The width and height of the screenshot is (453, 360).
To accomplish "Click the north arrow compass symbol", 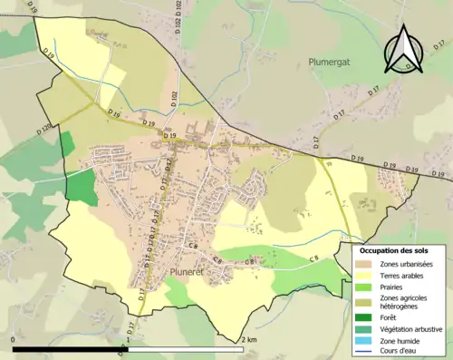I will point(404,49).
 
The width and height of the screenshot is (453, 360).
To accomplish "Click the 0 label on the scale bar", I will point(14,340).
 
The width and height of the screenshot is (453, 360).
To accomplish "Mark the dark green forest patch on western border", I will point(81,186).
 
